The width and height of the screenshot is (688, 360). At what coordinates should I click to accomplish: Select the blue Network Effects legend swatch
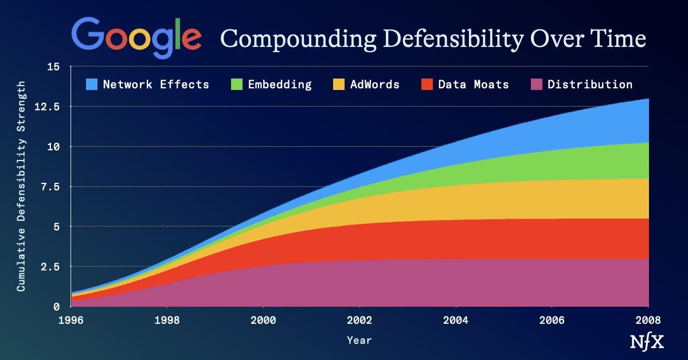(92, 84)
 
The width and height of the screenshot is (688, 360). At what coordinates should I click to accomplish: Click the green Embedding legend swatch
(237, 84)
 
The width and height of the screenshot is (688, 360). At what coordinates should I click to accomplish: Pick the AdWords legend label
(374, 84)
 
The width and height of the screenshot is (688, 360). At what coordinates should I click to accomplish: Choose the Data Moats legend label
(473, 84)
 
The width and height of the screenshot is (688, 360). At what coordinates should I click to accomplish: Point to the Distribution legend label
(590, 84)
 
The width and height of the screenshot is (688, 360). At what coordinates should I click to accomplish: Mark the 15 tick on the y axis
(53, 66)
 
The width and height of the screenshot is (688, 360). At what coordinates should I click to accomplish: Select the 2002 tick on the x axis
(359, 319)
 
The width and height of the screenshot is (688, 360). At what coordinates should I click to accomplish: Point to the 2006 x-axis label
(552, 319)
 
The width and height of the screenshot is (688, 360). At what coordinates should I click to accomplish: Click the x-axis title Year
(359, 340)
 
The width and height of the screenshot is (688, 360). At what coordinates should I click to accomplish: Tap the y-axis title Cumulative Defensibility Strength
(21, 186)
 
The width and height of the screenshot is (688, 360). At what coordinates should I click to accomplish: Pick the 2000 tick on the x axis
(263, 319)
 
